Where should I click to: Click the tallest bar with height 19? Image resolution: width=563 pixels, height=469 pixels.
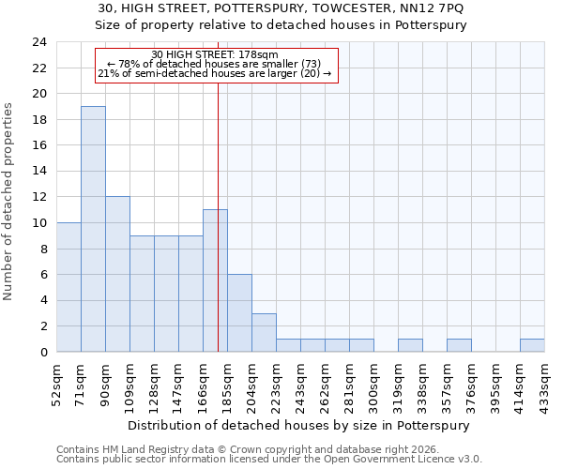[x=93, y=229]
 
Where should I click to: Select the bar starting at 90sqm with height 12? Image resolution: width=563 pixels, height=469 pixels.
[x=117, y=274]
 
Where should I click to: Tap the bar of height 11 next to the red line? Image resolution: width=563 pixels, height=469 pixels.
[x=215, y=280]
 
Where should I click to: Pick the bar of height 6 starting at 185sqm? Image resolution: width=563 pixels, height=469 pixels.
[x=239, y=313]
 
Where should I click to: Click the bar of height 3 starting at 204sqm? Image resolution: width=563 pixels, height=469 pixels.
[x=264, y=332]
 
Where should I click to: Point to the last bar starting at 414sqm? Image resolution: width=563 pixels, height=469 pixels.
[x=532, y=345]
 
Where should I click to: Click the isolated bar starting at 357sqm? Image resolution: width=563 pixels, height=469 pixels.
[x=459, y=345]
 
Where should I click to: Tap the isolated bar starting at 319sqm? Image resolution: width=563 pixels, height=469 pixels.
[x=410, y=345]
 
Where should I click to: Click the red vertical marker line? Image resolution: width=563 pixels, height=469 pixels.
[x=218, y=188]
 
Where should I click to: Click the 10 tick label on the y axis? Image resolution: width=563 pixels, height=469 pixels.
[x=38, y=223]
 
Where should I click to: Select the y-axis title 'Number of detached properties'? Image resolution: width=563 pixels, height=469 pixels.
[x=9, y=202]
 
